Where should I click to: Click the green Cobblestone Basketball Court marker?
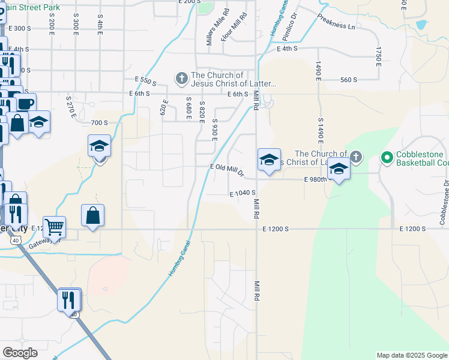tap(387, 158)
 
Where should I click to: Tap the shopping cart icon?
tap(55, 227)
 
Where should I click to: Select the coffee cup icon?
tap(26, 103)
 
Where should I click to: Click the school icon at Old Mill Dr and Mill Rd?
tap(269, 160)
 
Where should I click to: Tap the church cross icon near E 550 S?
tap(181, 78)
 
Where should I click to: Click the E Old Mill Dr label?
tap(227, 171)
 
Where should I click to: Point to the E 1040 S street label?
tap(243, 194)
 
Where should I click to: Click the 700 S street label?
tap(99, 122)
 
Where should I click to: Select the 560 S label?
tap(348, 80)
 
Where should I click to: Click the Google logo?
tap(20, 353)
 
